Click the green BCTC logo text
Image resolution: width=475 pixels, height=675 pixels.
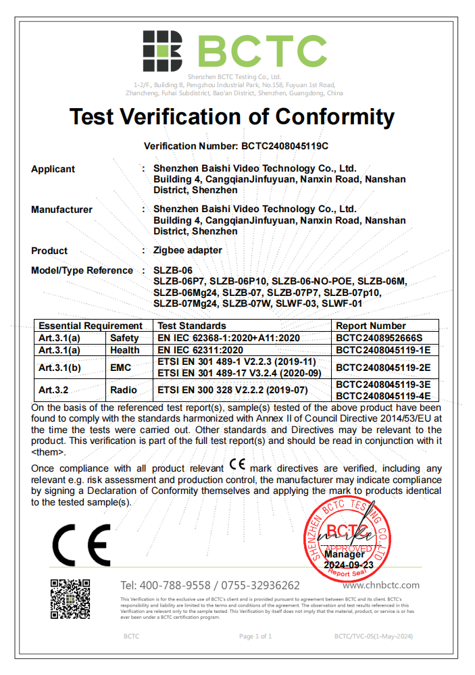coord(262,51)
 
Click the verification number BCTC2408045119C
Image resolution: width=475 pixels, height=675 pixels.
coord(284,145)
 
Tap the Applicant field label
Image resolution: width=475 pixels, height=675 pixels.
coord(53,169)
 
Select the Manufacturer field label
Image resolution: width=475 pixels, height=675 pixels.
coord(61,209)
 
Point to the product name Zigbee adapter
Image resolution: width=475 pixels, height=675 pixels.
coord(187,250)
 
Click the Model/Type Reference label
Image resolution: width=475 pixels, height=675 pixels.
coord(82,270)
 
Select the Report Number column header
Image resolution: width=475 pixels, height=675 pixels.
coord(371,326)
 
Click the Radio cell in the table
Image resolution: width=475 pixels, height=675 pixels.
coord(124,390)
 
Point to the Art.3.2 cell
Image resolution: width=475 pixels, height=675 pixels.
coord(55,390)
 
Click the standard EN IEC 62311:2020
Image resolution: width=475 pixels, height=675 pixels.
coord(200,350)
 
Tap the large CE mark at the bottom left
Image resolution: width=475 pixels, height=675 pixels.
coord(82,545)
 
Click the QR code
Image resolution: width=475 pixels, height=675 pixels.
coord(70,599)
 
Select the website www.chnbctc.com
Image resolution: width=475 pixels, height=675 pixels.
coord(385,585)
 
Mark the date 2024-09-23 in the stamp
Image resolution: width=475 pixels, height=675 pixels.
coord(349,564)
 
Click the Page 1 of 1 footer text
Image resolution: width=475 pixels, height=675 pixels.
coord(255,636)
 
